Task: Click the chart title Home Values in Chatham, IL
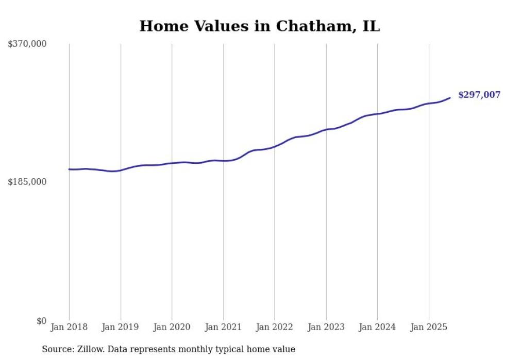click(x=260, y=26)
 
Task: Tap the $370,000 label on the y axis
click(x=27, y=44)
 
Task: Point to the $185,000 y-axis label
click(x=27, y=182)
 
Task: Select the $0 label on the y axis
click(x=42, y=321)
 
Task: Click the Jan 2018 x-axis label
click(x=69, y=327)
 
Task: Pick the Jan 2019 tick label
click(x=120, y=327)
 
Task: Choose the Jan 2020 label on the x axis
click(x=172, y=327)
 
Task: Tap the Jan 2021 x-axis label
click(x=223, y=327)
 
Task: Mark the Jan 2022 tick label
click(x=274, y=327)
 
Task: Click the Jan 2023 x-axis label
click(x=326, y=327)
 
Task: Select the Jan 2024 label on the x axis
click(x=377, y=327)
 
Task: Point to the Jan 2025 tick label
click(x=429, y=327)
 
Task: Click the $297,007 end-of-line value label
click(x=479, y=95)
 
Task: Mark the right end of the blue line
click(x=450, y=98)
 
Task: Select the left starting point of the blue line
click(x=69, y=169)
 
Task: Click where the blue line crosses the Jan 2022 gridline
click(x=275, y=147)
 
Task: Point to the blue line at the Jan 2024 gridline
click(x=377, y=114)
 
